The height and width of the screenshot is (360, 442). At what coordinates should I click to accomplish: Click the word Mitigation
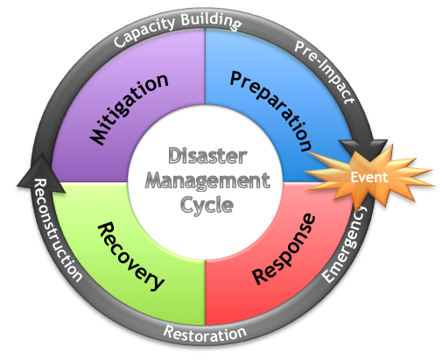click(x=129, y=109)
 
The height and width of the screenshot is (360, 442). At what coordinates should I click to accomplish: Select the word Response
click(x=281, y=251)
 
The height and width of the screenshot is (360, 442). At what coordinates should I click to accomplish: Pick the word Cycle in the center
click(x=207, y=206)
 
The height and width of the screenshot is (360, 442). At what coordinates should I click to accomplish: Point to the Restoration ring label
click(x=205, y=334)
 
